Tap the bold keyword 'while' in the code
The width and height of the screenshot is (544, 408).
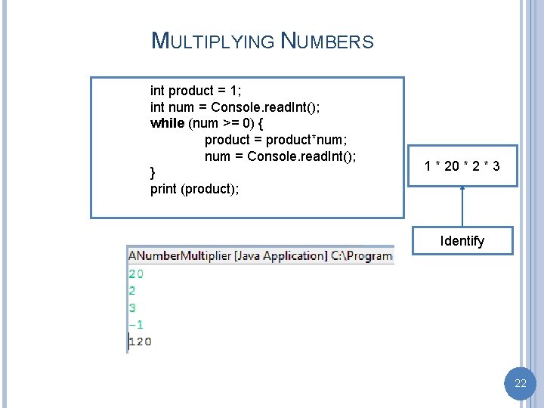pos(167,123)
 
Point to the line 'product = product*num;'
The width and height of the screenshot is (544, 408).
pos(276,140)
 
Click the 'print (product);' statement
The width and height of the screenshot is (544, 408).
pos(195,189)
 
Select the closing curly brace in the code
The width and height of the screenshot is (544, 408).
pos(153,173)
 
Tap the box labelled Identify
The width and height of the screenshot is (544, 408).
pos(462,241)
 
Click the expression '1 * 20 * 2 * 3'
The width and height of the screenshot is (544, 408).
pos(462,166)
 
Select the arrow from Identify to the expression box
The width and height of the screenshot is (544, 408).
pos(462,206)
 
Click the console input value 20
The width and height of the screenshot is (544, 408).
pos(136,274)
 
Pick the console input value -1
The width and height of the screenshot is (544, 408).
pos(136,324)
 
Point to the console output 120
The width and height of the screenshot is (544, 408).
pos(140,342)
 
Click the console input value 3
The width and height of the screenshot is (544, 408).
pos(132,308)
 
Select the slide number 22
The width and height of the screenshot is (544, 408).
pos(520,384)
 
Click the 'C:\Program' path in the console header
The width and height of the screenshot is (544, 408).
pos(362,255)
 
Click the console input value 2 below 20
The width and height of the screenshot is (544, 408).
pos(132,290)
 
